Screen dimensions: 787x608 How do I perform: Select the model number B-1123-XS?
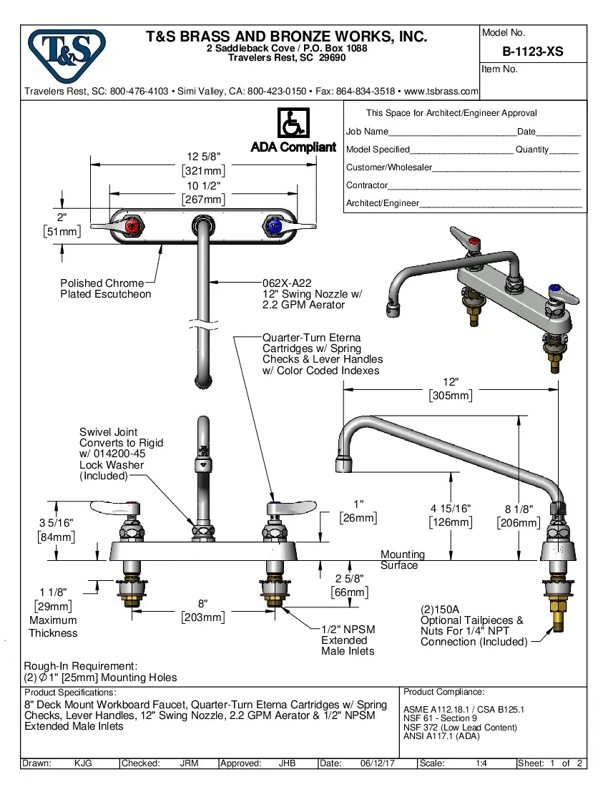tap(532, 52)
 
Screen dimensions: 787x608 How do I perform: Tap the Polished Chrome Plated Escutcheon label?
tap(105, 288)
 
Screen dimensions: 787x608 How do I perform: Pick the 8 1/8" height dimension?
tap(519, 509)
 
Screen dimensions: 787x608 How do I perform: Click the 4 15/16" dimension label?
tap(451, 509)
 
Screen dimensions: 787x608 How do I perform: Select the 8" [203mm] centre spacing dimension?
tap(203, 604)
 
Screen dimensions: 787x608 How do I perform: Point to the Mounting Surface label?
tap(402, 559)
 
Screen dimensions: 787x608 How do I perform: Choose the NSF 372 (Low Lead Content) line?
tap(459, 728)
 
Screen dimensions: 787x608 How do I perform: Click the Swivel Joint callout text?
tap(121, 454)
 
